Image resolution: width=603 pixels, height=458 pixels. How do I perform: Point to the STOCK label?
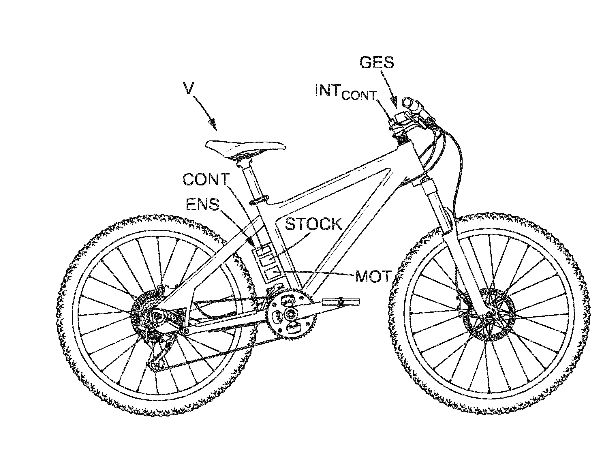tap(313, 224)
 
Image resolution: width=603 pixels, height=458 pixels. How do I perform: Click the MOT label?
tap(373, 277)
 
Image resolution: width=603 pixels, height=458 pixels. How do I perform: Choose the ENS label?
tap(203, 205)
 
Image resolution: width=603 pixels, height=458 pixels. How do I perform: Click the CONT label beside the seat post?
tap(206, 179)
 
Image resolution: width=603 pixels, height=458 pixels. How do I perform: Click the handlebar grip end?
tap(407, 102)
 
